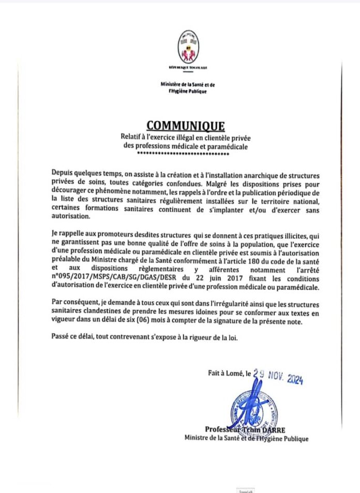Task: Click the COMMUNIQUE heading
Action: (x=186, y=126)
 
